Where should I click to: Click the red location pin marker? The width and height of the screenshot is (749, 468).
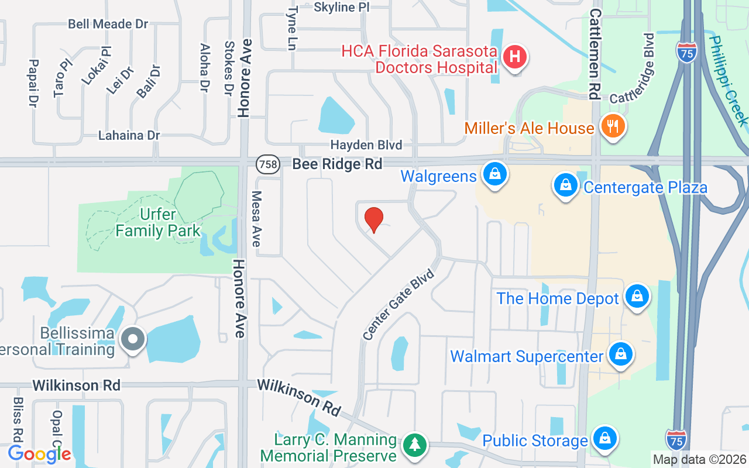click(x=373, y=219)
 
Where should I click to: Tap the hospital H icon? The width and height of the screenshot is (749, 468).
click(x=515, y=57)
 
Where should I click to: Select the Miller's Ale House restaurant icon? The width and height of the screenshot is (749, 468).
click(x=613, y=126)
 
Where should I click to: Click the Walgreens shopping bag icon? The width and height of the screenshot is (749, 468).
click(x=495, y=174)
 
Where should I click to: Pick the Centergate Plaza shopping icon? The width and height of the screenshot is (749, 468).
click(x=566, y=185)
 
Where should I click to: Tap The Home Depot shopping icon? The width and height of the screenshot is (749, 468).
click(x=637, y=297)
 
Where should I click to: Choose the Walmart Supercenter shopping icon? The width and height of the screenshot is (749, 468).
click(x=620, y=354)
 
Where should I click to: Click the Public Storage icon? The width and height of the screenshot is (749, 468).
click(x=604, y=438)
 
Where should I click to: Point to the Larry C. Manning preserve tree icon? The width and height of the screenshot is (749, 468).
click(x=415, y=445)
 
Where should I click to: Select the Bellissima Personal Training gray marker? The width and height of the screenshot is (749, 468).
click(x=133, y=339)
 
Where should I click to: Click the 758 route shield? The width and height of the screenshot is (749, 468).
click(x=268, y=164)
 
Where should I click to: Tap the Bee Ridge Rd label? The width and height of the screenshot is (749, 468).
click(x=337, y=164)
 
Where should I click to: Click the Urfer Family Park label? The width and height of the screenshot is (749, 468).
click(x=158, y=222)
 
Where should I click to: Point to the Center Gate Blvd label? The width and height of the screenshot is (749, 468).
click(x=399, y=304)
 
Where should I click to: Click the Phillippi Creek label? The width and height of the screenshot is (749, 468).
click(x=729, y=81)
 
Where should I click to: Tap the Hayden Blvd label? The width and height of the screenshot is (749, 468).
click(x=366, y=144)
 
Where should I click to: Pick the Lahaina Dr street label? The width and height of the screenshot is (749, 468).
click(x=129, y=135)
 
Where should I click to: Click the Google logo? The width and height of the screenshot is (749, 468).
click(x=39, y=453)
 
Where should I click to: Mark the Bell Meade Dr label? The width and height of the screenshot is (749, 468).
click(x=108, y=24)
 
